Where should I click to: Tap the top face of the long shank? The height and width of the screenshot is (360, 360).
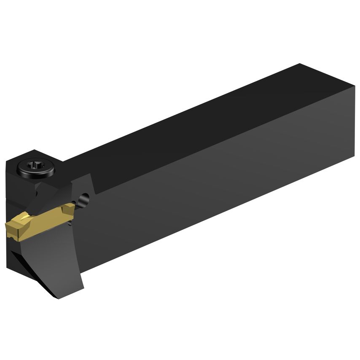point(190,118)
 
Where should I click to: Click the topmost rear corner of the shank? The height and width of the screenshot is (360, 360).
point(300,64)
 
